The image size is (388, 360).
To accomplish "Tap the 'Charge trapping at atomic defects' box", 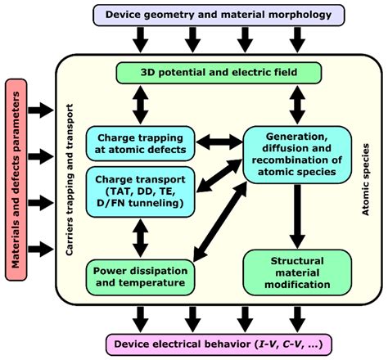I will tap(140, 142).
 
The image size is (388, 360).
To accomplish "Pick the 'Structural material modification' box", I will tap(298, 272).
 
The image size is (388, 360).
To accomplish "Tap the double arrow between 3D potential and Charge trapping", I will tap(140, 105).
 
